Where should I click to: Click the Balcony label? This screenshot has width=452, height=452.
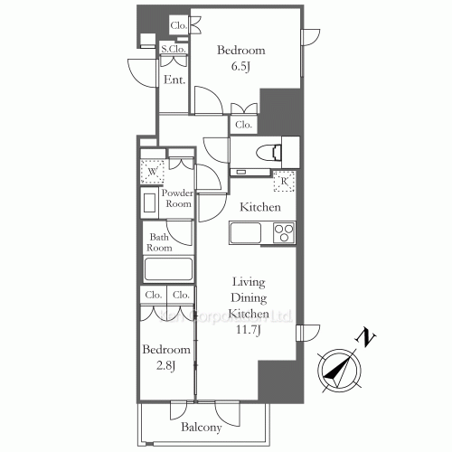tap(201, 428)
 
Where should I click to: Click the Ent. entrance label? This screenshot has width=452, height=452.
tap(174, 80)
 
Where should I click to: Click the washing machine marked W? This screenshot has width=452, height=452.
tap(152, 170)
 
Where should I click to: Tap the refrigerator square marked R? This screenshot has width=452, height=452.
tap(284, 180)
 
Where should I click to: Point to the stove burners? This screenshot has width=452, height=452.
tap(283, 233)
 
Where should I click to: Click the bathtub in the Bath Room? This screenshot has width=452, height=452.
tap(169, 270)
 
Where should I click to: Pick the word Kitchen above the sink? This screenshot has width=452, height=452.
tap(260, 207)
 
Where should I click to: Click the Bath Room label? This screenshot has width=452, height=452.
tap(160, 242)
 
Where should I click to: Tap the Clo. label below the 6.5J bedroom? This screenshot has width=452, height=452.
tap(243, 126)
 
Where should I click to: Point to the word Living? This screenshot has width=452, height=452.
tap(247, 281)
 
